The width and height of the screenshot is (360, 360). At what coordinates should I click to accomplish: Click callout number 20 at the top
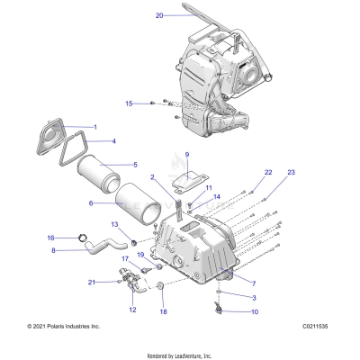159,15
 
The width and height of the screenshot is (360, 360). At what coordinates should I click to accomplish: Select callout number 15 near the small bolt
129,103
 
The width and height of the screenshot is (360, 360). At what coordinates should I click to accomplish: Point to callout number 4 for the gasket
113,141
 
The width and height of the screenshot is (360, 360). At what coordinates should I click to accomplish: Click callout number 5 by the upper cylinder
110,165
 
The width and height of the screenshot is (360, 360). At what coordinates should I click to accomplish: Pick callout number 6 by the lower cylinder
91,203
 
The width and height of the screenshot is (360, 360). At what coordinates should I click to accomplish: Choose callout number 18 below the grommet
163,311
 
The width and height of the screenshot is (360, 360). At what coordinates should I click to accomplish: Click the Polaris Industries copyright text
64,326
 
